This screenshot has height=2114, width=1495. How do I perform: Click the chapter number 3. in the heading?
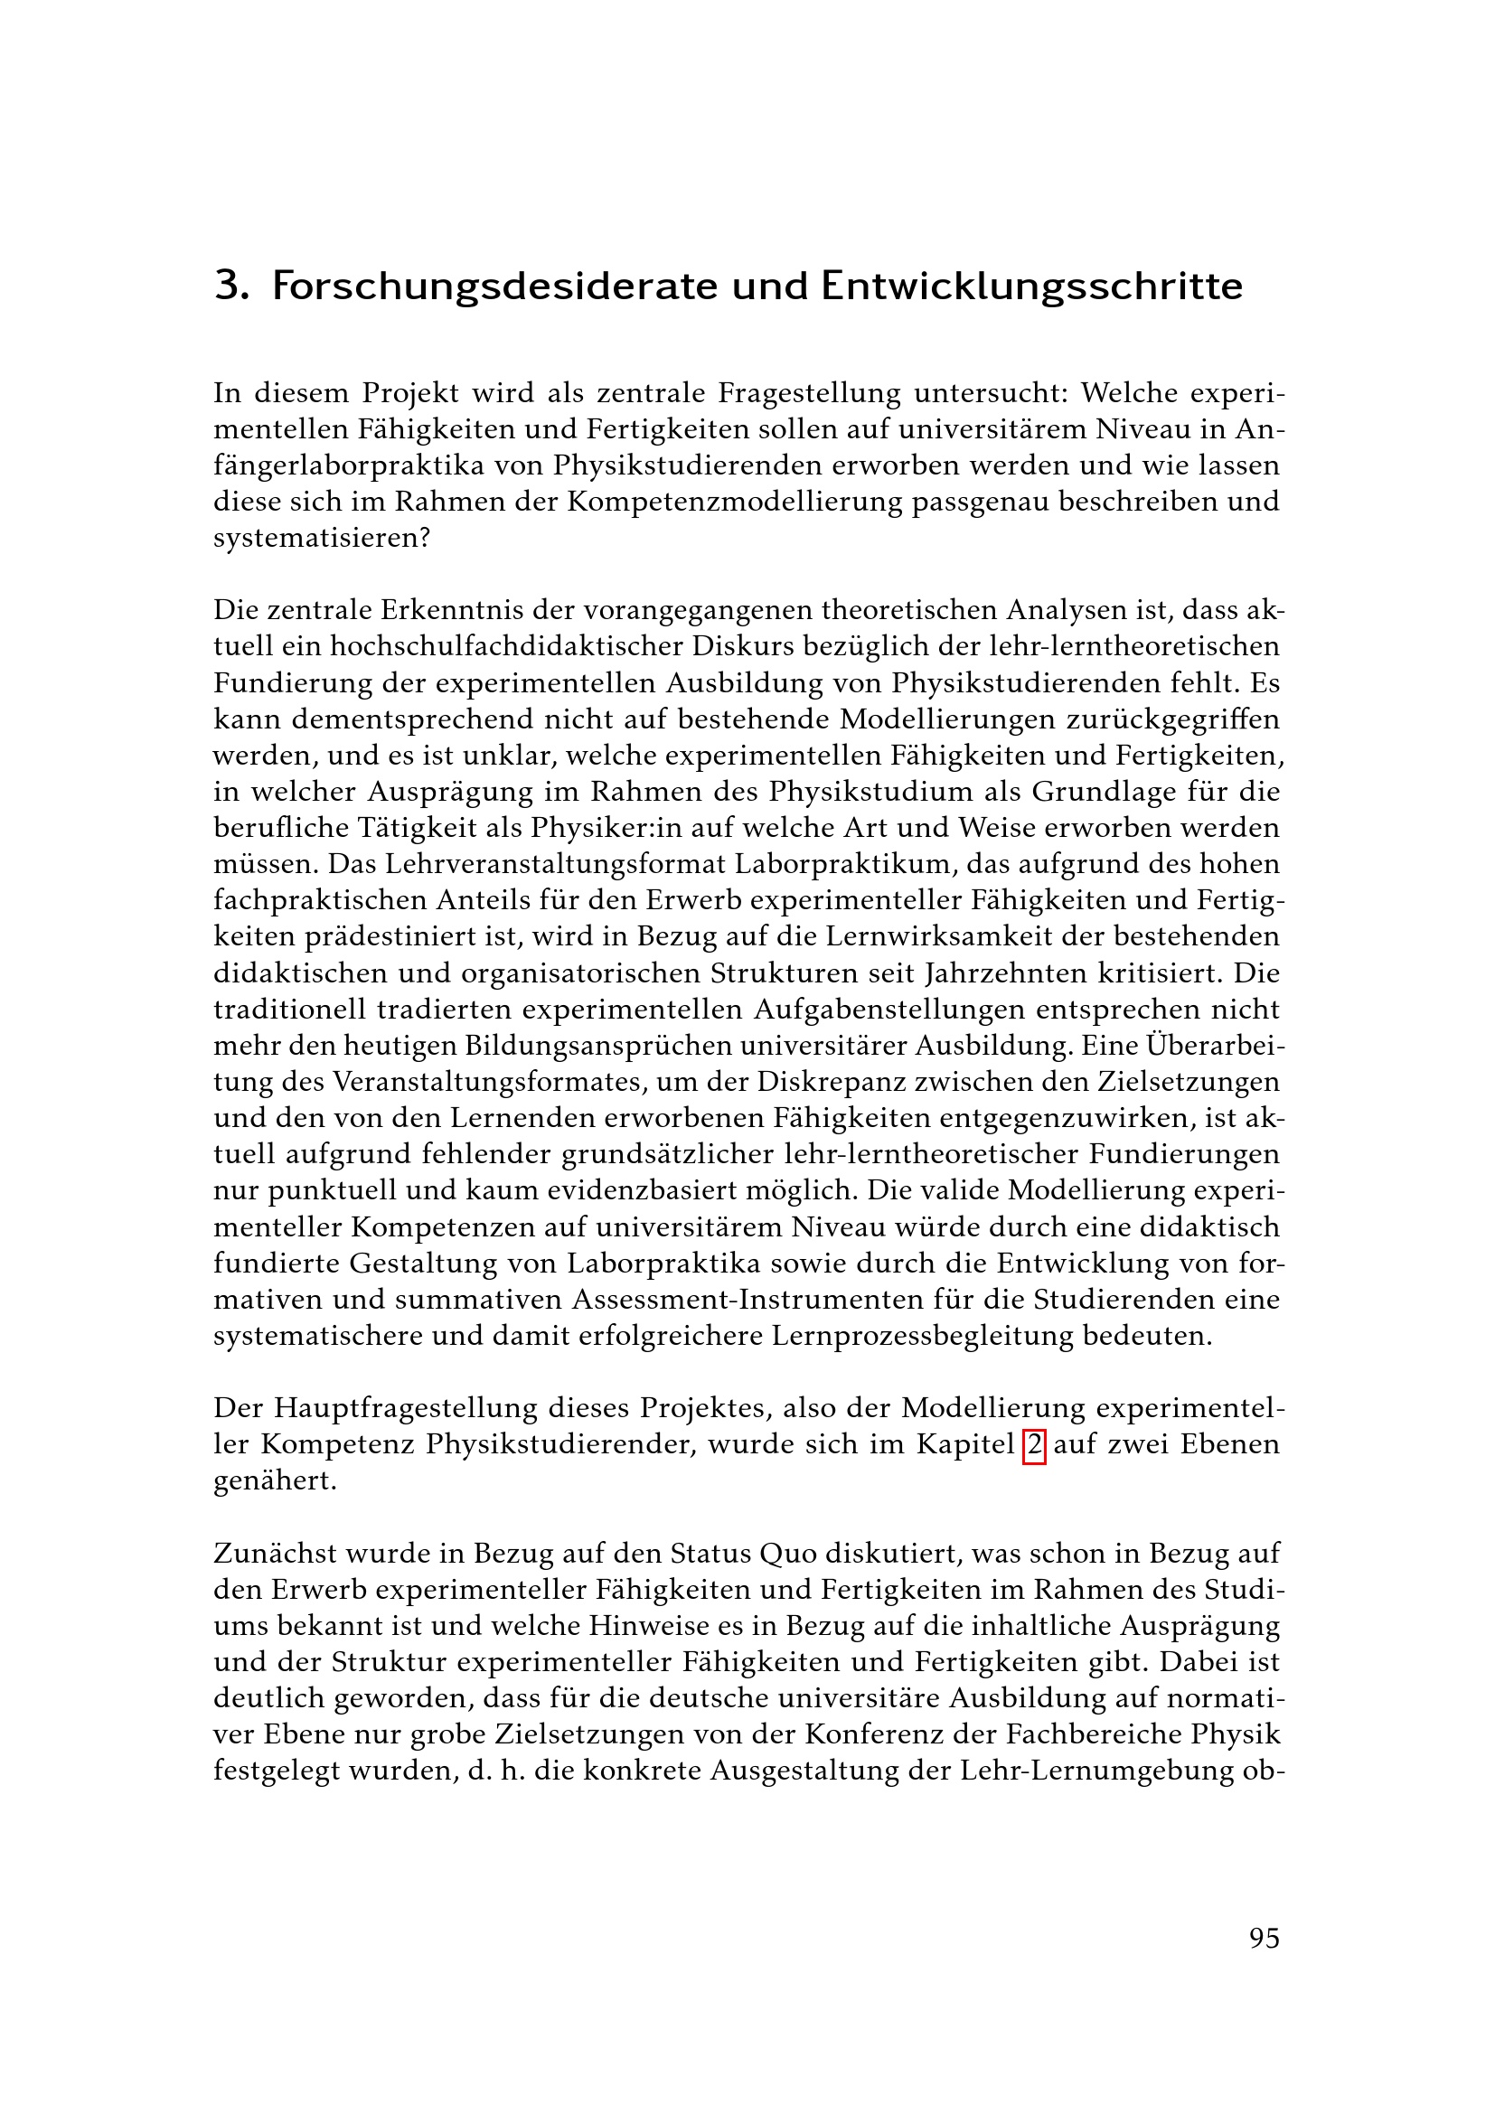231,287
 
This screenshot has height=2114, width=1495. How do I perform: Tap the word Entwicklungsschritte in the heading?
1031,287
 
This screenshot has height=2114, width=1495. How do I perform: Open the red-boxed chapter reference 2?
1035,1444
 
